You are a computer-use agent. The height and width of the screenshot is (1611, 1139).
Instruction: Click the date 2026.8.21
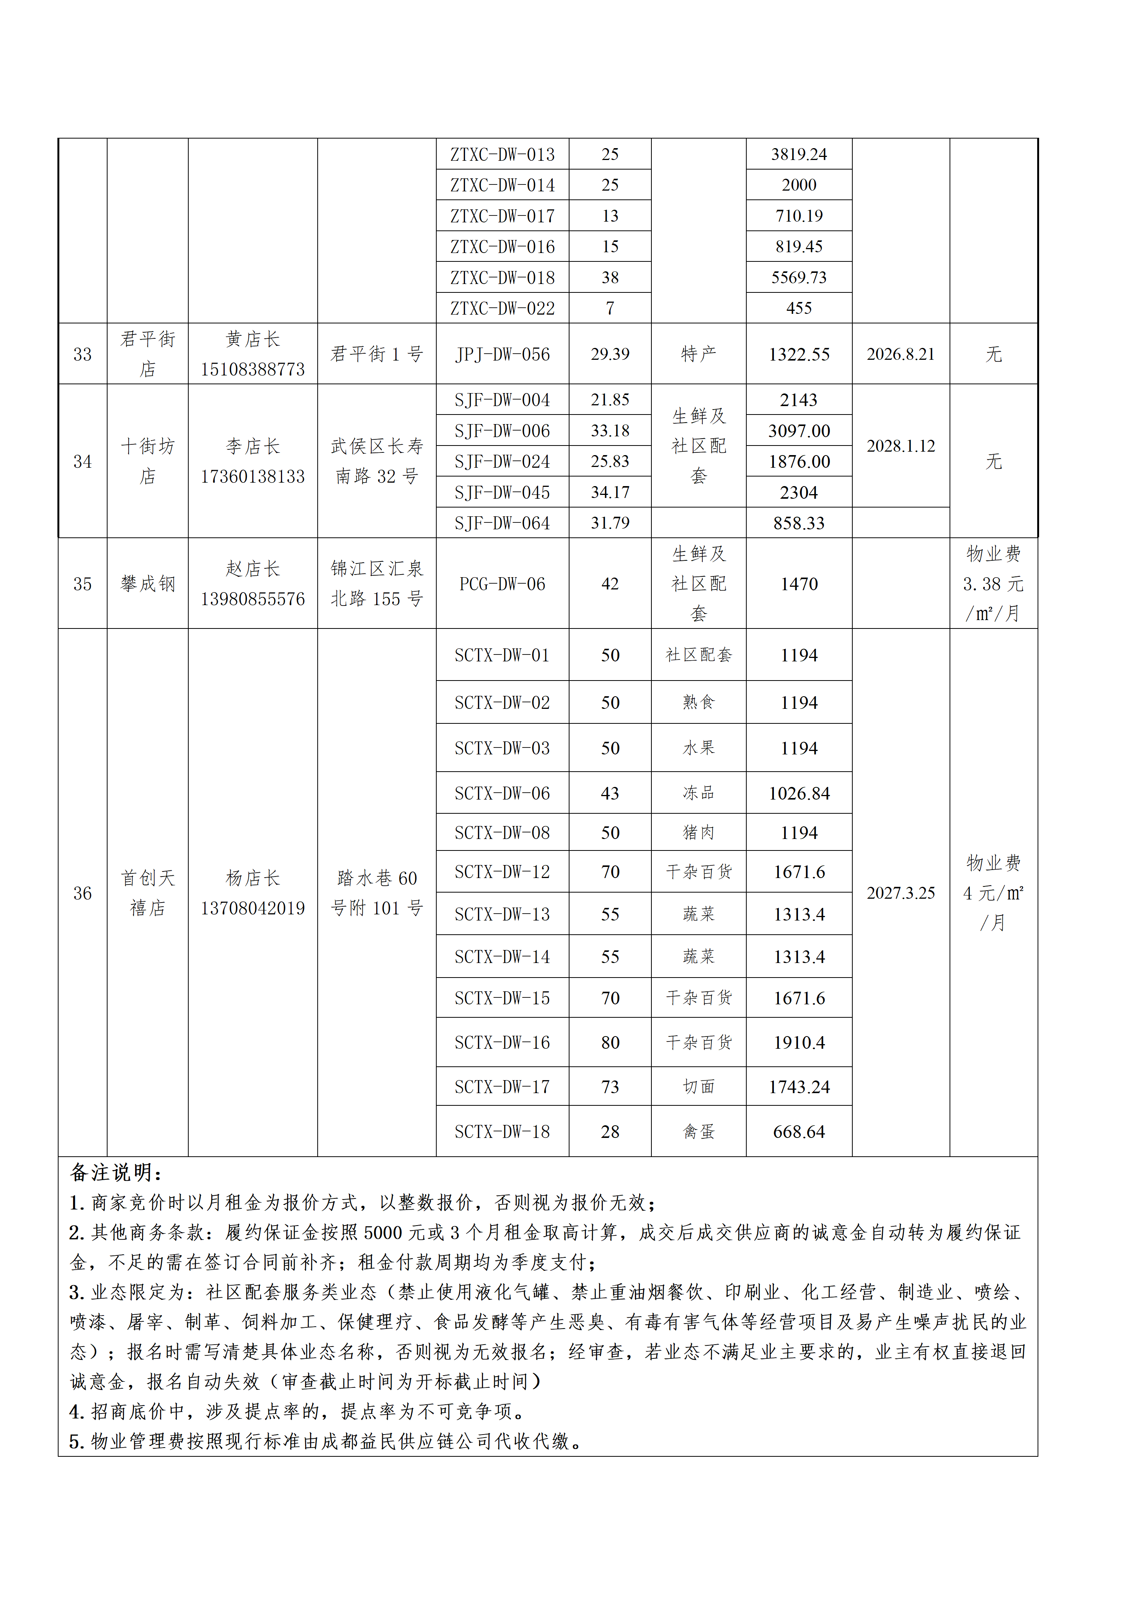pos(901,354)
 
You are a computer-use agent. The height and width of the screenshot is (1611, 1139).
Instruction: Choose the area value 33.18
pos(610,431)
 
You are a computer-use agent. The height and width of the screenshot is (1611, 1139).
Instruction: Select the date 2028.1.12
pos(901,446)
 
